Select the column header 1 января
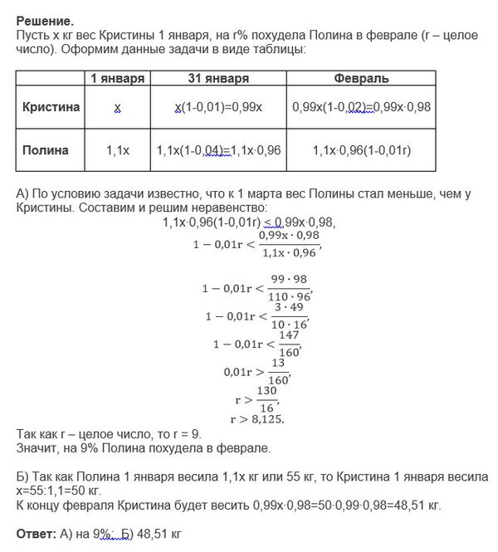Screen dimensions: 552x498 point(118,78)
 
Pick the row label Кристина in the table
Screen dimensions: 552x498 point(51,108)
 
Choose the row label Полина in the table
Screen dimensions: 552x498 point(46,150)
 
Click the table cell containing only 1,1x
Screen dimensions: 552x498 point(118,150)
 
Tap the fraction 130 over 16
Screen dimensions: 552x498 point(265,398)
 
